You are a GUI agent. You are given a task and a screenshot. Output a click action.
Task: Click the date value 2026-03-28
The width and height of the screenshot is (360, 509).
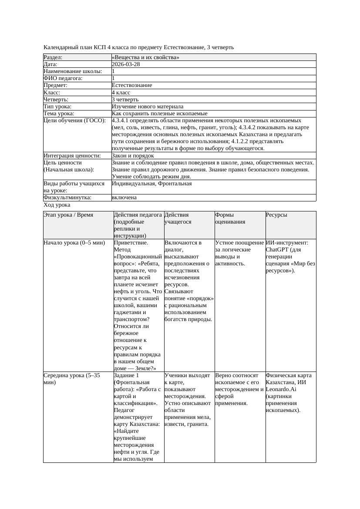click(x=126, y=64)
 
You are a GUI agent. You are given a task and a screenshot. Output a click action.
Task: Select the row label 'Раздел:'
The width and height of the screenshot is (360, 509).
click(x=53, y=57)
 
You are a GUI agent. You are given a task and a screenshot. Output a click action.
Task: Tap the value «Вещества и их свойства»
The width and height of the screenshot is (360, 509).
click(x=145, y=57)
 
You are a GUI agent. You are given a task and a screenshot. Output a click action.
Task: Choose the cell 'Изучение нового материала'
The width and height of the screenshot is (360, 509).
click(x=148, y=106)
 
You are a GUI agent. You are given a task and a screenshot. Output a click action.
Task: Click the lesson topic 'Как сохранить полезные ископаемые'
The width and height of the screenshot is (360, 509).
click(x=159, y=114)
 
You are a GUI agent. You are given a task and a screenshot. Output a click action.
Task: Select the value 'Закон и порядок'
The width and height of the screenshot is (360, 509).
click(x=133, y=155)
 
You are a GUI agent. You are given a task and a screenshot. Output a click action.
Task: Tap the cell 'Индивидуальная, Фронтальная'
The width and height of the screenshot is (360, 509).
click(x=151, y=184)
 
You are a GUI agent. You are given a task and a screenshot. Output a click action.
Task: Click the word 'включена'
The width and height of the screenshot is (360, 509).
click(x=124, y=198)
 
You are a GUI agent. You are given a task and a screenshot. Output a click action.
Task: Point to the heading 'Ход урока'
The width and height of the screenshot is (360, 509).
click(x=57, y=205)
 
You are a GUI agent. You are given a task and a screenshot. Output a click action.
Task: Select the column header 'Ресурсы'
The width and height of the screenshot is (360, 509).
click(x=276, y=215)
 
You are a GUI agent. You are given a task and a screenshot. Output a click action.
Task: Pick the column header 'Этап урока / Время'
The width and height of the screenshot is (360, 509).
click(x=68, y=215)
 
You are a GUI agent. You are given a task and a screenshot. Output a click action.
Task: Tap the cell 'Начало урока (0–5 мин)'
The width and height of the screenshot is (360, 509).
click(x=74, y=243)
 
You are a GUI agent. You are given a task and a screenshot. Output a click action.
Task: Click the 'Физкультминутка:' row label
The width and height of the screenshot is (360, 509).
click(x=67, y=198)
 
